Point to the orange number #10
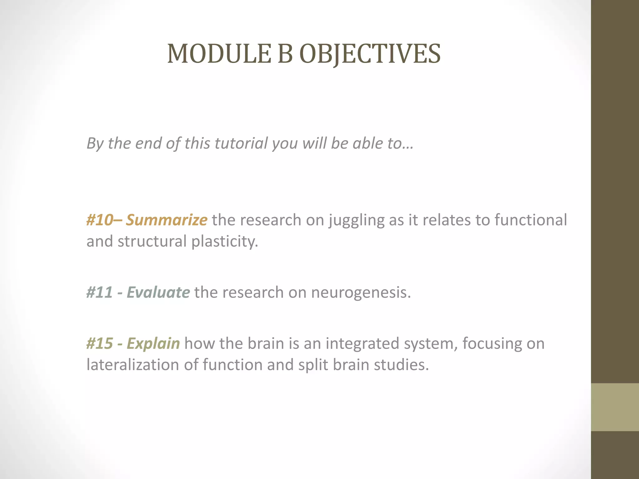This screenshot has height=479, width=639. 100,220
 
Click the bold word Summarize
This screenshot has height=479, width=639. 167,220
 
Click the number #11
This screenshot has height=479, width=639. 100,293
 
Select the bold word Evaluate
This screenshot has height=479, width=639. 158,293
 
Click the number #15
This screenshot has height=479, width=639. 100,343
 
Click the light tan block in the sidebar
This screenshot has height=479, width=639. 615,407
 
